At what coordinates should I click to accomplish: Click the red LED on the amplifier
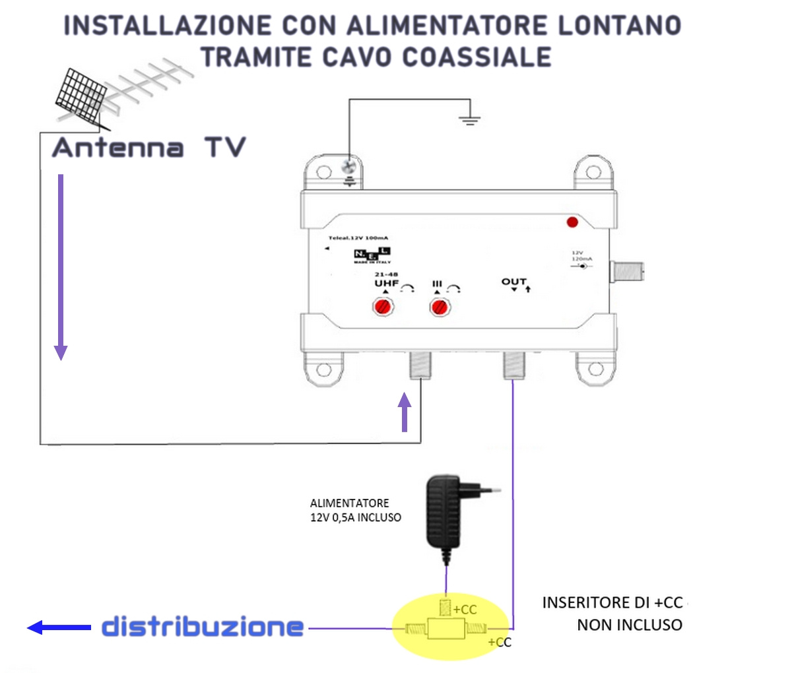click(x=572, y=222)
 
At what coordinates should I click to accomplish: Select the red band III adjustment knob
click(x=440, y=307)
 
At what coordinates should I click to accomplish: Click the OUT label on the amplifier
click(x=513, y=282)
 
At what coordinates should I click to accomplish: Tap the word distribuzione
click(x=203, y=627)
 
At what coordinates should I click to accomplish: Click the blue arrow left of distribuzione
click(x=58, y=627)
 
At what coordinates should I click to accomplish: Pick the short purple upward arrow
click(x=405, y=412)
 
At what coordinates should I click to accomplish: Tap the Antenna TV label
click(x=149, y=147)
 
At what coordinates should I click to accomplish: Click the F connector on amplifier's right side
click(x=628, y=271)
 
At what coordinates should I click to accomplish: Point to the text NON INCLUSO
click(x=629, y=625)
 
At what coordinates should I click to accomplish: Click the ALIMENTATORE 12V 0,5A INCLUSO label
click(x=355, y=511)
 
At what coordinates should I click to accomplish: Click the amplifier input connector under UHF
click(x=420, y=365)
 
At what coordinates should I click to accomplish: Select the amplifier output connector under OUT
click(x=513, y=365)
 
